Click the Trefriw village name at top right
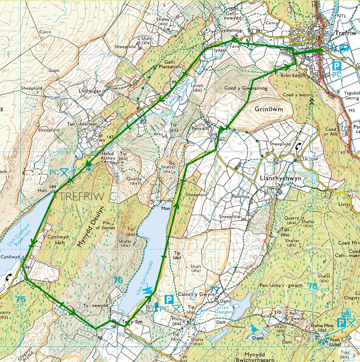(346, 34)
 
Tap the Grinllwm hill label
(269, 109)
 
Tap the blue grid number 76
(118, 280)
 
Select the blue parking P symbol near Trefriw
(336, 65)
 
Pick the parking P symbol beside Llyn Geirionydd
(170, 300)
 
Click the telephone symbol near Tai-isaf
(298, 148)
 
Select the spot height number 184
(52, 186)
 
